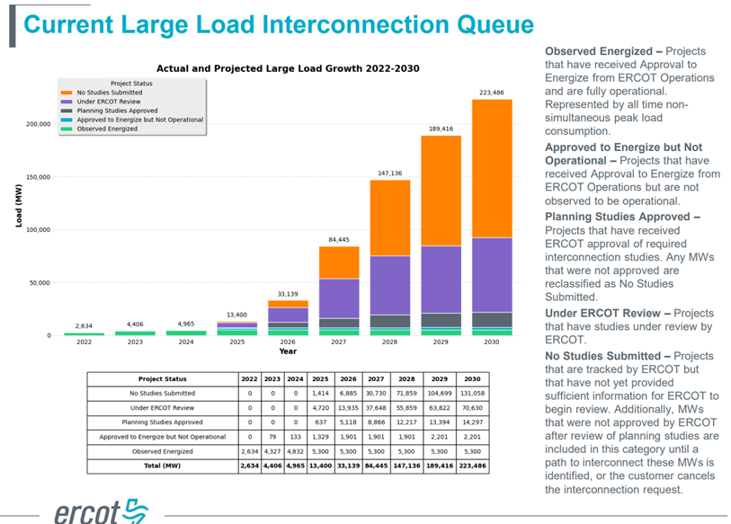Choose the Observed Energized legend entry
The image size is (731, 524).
[107, 129]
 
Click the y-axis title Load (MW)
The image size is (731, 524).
[18, 206]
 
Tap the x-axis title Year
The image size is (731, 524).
[287, 351]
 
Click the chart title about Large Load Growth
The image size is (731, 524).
[288, 68]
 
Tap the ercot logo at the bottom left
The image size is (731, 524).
[97, 511]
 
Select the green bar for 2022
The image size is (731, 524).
[83, 333]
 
